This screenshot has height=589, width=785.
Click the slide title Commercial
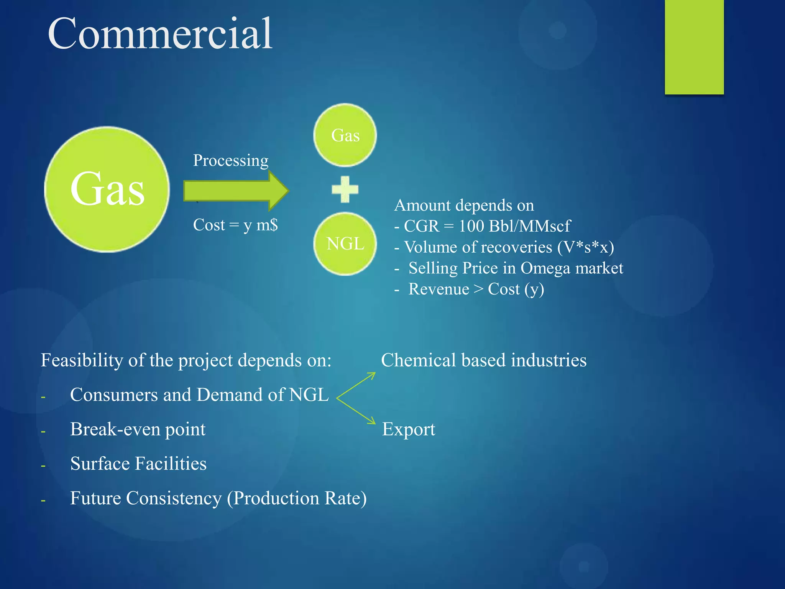click(x=160, y=34)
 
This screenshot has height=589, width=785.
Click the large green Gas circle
click(x=107, y=189)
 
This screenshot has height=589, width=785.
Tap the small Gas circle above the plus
click(x=345, y=135)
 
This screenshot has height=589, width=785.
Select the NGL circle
click(x=345, y=244)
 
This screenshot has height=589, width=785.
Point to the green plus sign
click(x=345, y=189)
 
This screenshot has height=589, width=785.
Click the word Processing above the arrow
click(x=230, y=160)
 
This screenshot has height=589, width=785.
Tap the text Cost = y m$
click(x=235, y=225)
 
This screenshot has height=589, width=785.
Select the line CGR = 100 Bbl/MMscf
click(x=483, y=226)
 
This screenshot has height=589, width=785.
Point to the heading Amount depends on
click(x=464, y=205)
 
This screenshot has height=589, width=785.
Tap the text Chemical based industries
click(x=484, y=360)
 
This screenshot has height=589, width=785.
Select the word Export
click(x=409, y=429)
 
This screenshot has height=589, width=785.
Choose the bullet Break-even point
click(x=138, y=429)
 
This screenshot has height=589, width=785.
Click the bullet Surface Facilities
click(x=138, y=464)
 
